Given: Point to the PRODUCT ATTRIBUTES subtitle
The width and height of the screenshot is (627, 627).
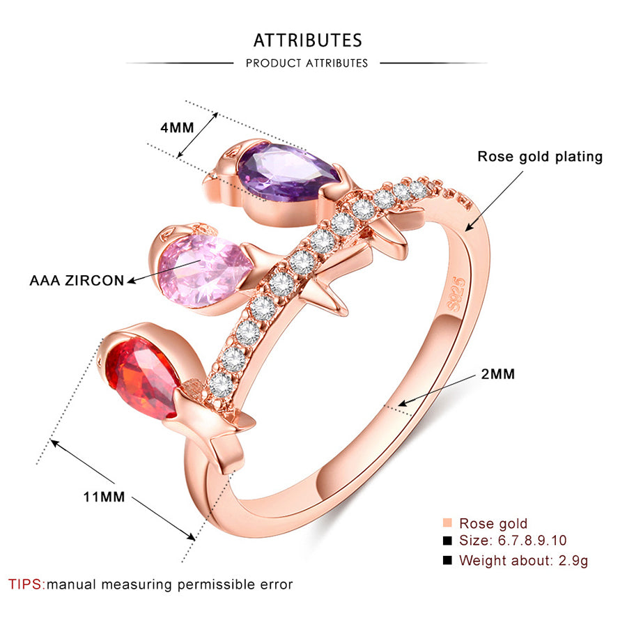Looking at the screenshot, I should (307, 63).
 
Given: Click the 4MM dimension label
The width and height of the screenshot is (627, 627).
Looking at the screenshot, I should (177, 127).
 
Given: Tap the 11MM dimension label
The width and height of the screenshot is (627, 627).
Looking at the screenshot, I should (104, 497).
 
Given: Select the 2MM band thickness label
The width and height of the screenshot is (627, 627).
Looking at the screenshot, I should (498, 374).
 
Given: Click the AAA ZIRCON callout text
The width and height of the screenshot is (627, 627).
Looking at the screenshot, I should (77, 281).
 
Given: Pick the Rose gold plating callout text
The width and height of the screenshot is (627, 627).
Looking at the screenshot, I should (540, 157).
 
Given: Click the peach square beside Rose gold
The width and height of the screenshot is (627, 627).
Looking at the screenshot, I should (447, 523).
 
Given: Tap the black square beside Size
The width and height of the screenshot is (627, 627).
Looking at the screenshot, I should (447, 541).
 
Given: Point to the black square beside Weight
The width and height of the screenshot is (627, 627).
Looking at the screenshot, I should (447, 560).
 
